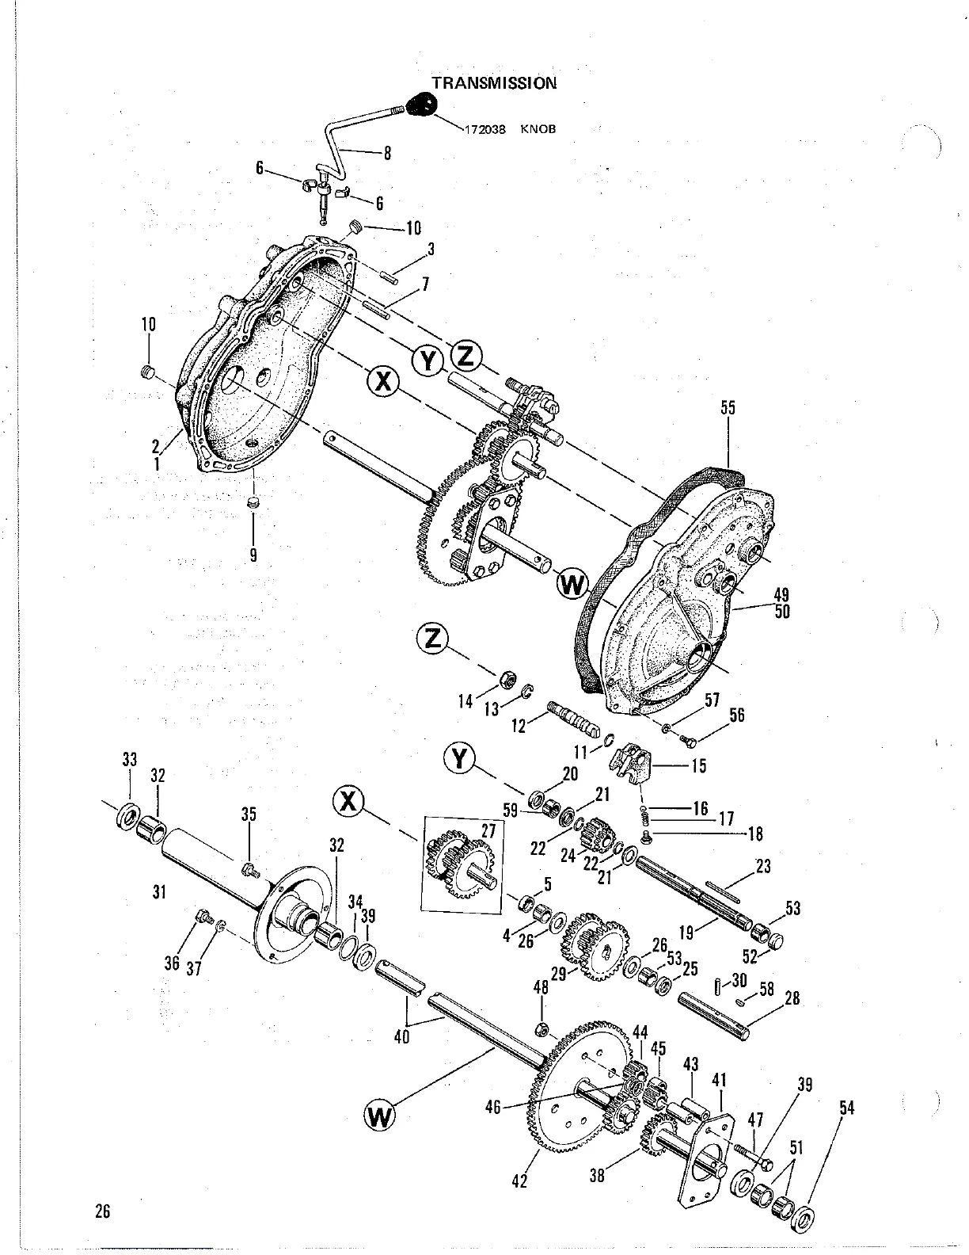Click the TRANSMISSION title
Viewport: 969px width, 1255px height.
(x=493, y=82)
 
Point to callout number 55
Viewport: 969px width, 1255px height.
(x=728, y=408)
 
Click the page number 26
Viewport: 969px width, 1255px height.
(x=102, y=1211)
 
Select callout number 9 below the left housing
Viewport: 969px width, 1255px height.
(x=253, y=555)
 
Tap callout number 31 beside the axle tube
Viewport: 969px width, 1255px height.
(x=159, y=892)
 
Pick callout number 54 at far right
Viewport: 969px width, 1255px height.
(x=846, y=1108)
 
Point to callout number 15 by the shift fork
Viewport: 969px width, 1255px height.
(x=698, y=766)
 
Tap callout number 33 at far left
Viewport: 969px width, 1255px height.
(x=130, y=759)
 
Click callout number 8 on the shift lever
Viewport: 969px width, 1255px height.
(x=387, y=154)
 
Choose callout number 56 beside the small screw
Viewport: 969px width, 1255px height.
(x=736, y=715)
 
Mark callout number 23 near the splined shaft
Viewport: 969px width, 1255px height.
(x=762, y=866)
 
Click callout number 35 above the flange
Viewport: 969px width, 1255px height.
(x=249, y=814)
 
